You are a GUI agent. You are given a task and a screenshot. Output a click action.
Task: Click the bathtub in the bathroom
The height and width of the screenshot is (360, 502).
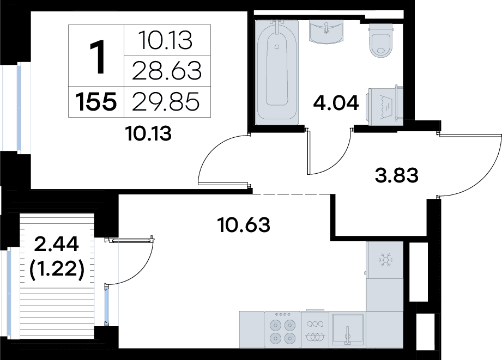coord(276,72)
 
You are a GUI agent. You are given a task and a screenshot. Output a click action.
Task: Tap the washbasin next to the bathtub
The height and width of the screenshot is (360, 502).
coord(326,32)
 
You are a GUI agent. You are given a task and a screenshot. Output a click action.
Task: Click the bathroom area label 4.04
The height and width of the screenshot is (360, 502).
coord(336,103)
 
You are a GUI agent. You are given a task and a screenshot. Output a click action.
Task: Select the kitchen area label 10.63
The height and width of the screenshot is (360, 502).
coord(244,224)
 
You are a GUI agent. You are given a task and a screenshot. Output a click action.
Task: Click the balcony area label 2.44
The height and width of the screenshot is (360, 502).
coord(56,245)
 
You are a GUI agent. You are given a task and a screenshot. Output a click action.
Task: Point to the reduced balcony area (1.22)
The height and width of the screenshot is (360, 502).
coord(57,269)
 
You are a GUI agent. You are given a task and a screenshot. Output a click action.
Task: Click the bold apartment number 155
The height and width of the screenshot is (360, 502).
coord(96,102)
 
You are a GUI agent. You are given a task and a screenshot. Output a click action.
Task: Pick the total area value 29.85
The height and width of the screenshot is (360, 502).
coord(166,102)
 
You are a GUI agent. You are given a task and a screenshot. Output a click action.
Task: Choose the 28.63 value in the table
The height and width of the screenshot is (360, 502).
coord(167,71)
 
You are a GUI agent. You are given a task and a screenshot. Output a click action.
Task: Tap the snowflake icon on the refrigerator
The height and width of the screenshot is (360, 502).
coord(385,260)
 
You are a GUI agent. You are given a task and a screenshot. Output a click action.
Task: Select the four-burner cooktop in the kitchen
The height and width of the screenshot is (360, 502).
coord(282,330)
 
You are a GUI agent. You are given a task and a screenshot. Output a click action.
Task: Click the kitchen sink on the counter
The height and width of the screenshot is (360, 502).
coord(347,330)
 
